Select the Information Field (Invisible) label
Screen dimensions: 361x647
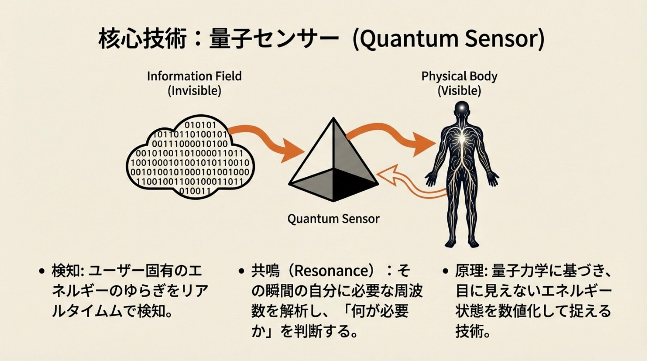[x=194, y=83]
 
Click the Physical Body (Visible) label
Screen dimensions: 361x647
[x=459, y=83]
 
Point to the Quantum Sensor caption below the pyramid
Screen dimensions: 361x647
[x=333, y=219]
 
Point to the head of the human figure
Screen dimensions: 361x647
[x=461, y=109]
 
